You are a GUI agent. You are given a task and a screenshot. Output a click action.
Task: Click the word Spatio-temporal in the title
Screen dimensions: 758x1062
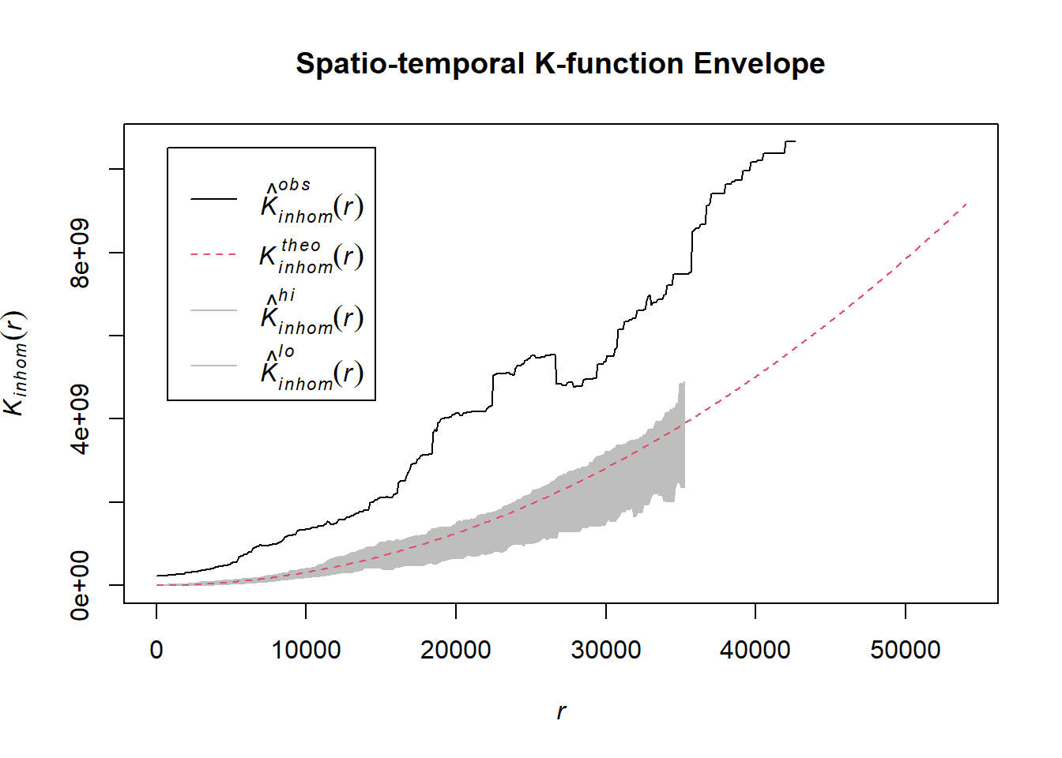(x=410, y=64)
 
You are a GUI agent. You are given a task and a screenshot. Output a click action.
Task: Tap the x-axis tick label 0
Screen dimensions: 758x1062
(x=156, y=650)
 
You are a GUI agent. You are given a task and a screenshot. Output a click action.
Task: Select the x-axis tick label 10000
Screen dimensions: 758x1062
(x=306, y=650)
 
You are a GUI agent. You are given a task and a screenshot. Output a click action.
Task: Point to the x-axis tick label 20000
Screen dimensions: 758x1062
(x=456, y=650)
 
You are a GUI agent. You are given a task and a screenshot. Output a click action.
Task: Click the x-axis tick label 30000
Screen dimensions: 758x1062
(x=605, y=650)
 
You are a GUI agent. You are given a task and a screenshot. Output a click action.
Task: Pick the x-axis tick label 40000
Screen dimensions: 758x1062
(x=755, y=650)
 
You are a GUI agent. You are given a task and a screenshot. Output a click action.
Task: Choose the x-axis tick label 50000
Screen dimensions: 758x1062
(x=905, y=650)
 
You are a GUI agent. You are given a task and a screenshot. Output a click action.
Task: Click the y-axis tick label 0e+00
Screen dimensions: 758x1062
(x=81, y=585)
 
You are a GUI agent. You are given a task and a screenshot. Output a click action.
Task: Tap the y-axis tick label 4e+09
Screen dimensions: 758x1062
(x=81, y=419)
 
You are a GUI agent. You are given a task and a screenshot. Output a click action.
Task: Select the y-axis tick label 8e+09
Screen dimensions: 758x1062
(x=81, y=253)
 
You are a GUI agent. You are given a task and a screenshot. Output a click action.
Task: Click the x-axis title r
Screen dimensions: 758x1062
(x=561, y=711)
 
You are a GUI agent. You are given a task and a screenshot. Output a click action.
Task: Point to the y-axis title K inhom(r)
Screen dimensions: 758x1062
(x=16, y=362)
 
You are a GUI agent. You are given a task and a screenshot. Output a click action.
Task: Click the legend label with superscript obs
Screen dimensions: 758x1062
(x=311, y=202)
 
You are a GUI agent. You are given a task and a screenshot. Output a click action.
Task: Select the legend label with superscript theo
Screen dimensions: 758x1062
(x=311, y=256)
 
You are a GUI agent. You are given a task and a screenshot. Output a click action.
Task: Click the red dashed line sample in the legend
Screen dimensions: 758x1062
(x=213, y=255)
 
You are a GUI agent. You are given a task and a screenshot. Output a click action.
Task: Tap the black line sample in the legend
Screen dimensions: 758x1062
(x=213, y=199)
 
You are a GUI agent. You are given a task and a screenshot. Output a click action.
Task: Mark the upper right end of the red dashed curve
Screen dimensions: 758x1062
(x=966, y=204)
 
